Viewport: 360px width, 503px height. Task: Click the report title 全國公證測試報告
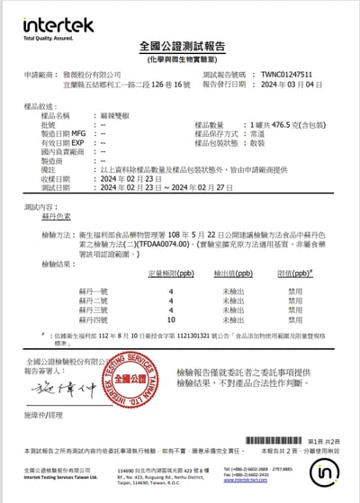[180, 46]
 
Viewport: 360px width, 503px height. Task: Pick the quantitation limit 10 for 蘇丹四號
[171, 319]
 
